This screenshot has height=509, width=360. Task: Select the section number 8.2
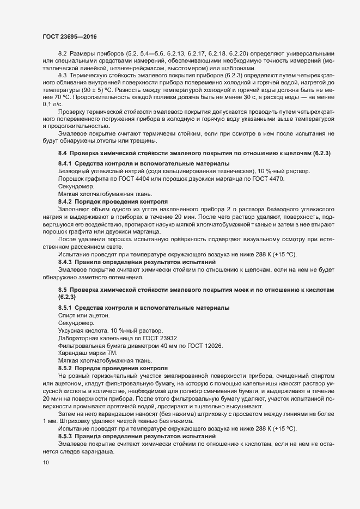click(62, 53)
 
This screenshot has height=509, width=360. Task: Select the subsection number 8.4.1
click(65, 164)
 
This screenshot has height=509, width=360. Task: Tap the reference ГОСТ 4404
click(137, 180)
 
